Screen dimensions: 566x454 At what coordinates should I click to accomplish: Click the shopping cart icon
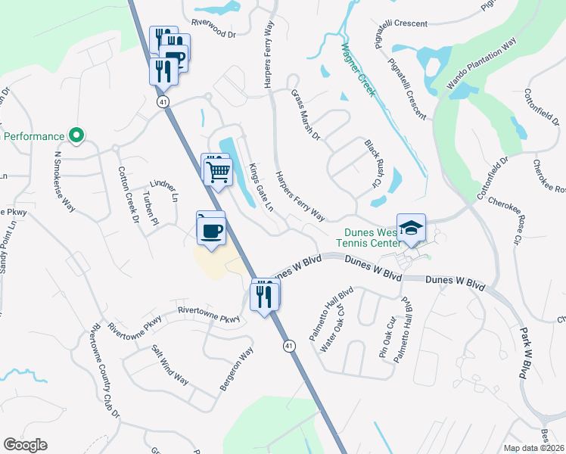[218, 171]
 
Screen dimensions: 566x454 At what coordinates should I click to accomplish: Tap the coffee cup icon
[211, 229]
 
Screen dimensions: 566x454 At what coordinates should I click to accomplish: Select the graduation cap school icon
[411, 229]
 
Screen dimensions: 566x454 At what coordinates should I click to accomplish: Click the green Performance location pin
[76, 136]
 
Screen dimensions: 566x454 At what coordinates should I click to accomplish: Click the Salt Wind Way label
[170, 365]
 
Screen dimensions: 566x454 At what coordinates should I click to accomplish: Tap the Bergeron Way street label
[235, 368]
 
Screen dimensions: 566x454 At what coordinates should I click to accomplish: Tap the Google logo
[25, 445]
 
